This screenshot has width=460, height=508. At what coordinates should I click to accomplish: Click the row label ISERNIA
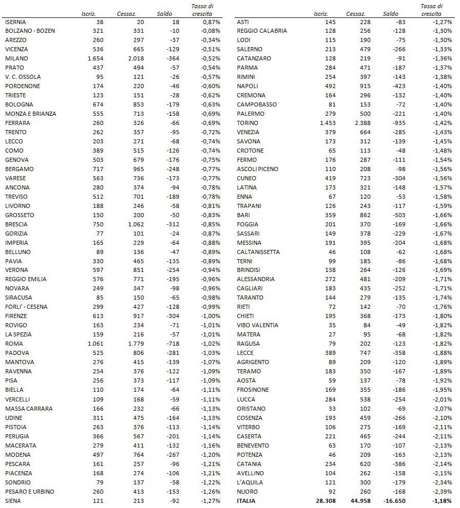pos(15,22)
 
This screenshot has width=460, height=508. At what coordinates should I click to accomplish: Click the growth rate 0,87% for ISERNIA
pos(211,22)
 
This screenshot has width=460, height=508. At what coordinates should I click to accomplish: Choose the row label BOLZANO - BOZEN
pos(30,31)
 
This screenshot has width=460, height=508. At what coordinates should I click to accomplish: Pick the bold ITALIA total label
pos(246,501)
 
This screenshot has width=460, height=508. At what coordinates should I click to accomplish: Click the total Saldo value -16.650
pos(395,501)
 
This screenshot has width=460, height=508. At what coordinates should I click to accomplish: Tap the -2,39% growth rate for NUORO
pos(442,492)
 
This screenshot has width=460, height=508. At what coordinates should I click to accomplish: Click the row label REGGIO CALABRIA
pos(262,31)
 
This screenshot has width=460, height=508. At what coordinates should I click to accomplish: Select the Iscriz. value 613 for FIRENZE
pos(97,316)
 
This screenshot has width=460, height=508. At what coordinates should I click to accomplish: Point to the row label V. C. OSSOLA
pos(23,77)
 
